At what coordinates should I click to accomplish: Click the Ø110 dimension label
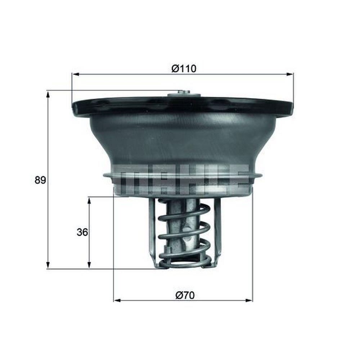(x=184, y=69)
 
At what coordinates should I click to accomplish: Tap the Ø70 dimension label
(x=185, y=295)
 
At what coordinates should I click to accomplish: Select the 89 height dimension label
(x=40, y=180)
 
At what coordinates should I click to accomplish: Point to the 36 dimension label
(x=82, y=232)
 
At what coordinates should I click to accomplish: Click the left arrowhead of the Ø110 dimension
(x=76, y=74)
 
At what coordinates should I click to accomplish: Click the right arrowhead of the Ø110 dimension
(x=290, y=74)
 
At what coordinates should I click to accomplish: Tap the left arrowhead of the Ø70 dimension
(x=117, y=300)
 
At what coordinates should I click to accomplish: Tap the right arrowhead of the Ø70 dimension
(x=249, y=300)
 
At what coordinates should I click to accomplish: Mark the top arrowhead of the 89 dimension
(x=48, y=94)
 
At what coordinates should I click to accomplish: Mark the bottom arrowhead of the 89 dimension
(x=48, y=265)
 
